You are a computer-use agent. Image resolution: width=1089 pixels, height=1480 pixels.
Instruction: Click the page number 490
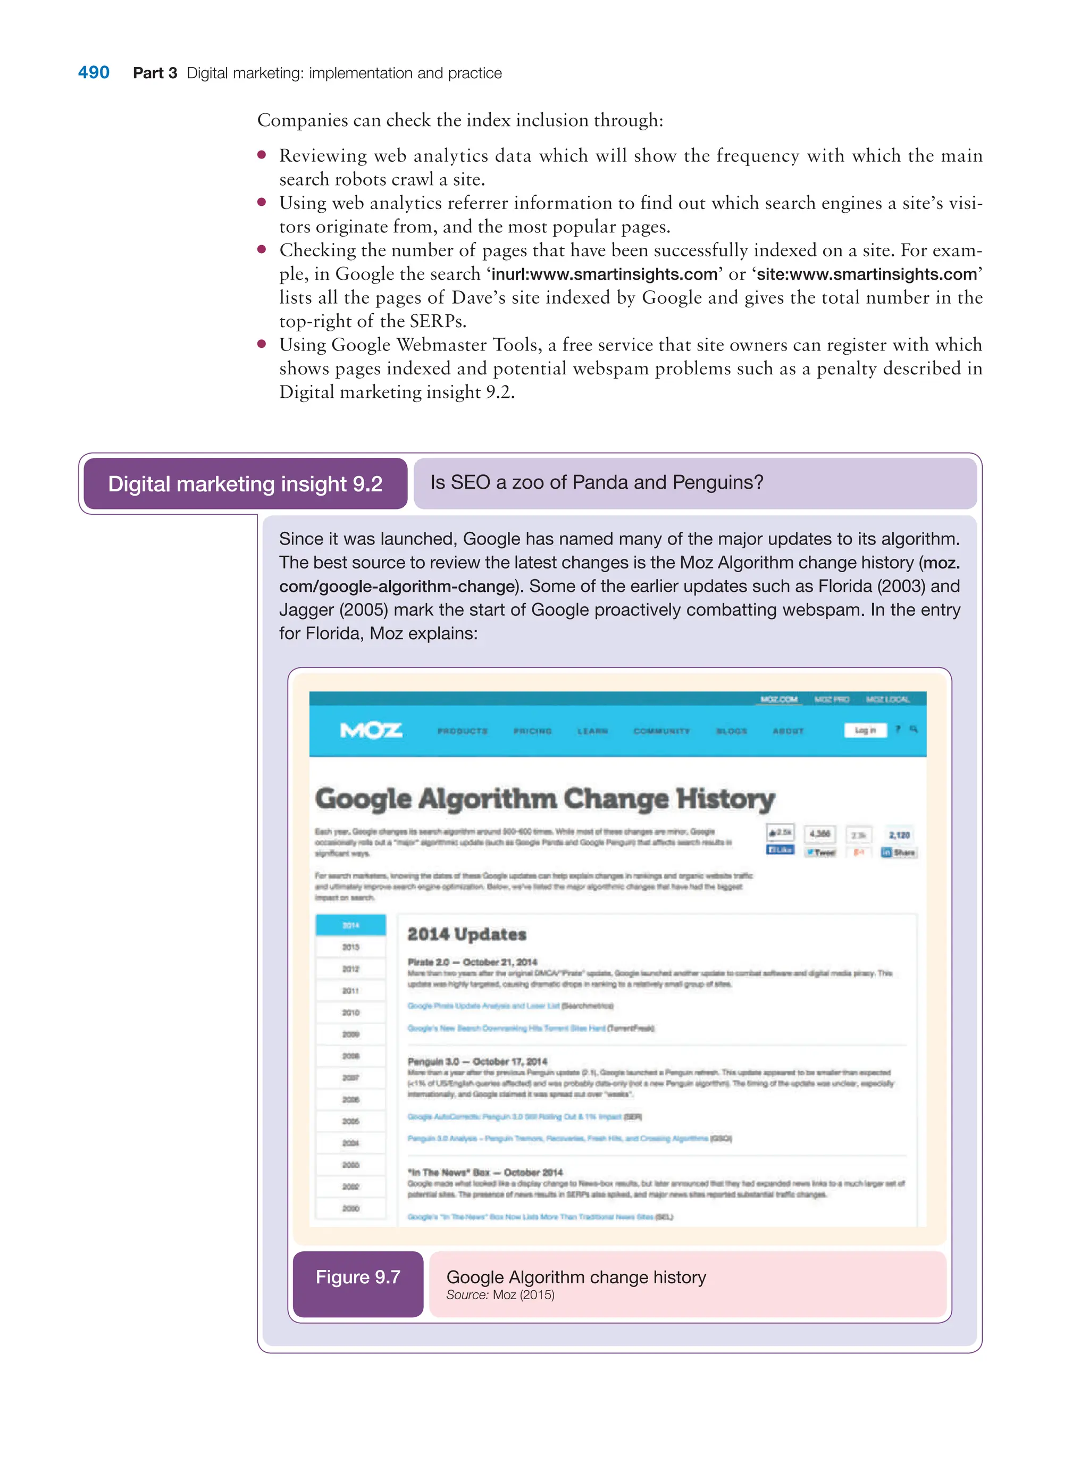[94, 72]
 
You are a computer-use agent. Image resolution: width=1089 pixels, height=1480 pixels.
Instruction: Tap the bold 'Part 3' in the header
[155, 73]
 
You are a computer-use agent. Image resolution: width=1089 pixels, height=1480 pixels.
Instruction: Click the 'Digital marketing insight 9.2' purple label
[245, 484]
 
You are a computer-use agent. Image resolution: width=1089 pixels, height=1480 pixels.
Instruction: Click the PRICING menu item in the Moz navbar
[532, 731]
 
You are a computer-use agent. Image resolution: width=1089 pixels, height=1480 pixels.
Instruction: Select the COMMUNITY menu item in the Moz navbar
[661, 731]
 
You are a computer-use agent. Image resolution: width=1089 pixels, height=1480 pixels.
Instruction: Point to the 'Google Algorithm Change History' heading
[544, 798]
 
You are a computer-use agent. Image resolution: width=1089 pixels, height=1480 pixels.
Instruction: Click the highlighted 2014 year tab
[351, 925]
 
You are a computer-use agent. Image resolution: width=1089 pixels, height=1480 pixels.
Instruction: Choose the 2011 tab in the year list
[351, 991]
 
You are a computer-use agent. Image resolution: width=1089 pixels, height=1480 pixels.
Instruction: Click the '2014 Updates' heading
[467, 934]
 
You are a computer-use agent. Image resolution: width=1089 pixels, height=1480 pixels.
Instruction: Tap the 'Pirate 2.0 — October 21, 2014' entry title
[472, 962]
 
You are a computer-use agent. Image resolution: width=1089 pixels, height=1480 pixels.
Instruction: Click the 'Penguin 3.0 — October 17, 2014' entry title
[478, 1061]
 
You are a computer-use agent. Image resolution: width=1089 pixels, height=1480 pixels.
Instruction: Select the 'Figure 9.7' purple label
[358, 1277]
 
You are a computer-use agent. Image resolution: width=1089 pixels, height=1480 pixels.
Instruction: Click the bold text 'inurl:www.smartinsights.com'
[604, 274]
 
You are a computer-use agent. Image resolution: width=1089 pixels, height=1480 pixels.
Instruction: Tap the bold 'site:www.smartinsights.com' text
[866, 274]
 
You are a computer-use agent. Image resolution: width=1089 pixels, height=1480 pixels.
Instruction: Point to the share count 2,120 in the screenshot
[899, 835]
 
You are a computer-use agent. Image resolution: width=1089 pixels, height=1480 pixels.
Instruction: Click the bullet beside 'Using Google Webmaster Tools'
[262, 344]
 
